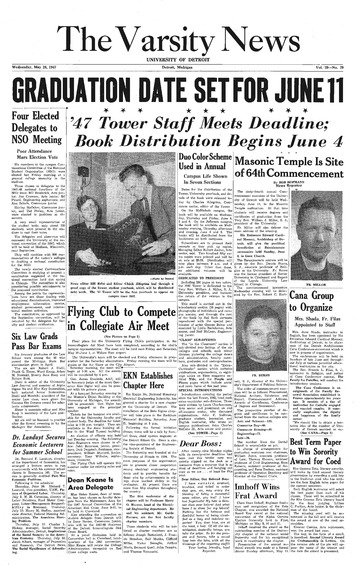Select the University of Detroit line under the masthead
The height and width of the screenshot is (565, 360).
(x=180, y=60)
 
